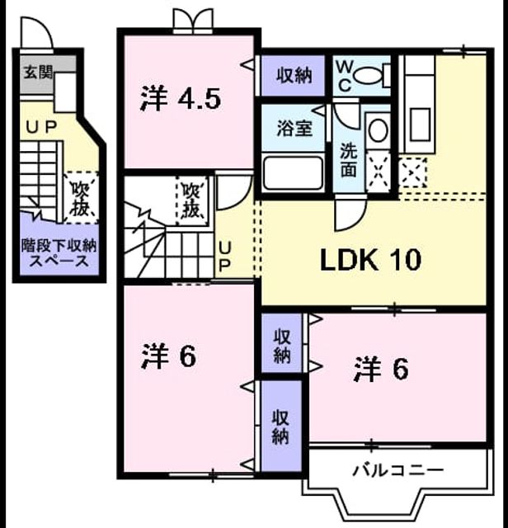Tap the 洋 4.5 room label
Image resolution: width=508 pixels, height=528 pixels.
181,99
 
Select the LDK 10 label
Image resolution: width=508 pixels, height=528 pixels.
370,260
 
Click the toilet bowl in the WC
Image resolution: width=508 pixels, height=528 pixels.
369,75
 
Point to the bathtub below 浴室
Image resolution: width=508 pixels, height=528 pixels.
294,173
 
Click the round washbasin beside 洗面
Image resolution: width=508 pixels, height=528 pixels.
379,130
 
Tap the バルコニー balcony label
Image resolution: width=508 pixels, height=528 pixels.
398,469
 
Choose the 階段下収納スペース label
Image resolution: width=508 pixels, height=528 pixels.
59,253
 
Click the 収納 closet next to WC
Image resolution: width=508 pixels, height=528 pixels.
294,75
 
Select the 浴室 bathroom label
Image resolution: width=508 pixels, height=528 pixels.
294,128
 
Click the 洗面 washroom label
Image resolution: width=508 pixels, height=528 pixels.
349,160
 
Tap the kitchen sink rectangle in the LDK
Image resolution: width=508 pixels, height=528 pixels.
420,124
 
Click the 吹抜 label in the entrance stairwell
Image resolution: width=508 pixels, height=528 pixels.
80,199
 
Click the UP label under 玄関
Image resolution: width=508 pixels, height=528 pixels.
41,127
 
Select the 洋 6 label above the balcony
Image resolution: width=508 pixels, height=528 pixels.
381,370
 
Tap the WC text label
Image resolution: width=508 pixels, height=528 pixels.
345,77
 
